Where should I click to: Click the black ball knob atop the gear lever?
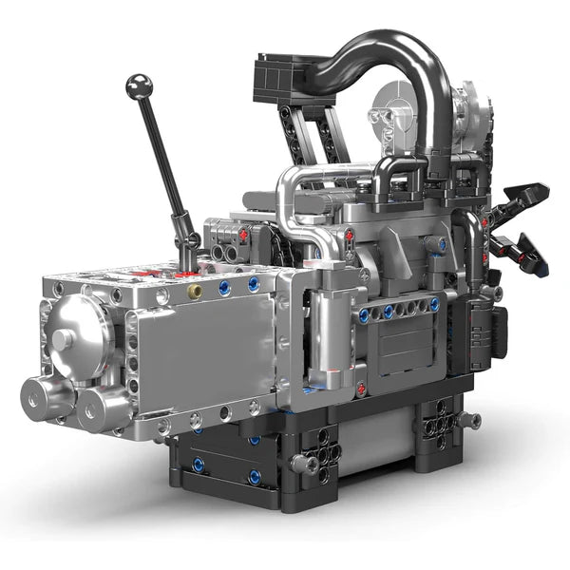pos(139,86)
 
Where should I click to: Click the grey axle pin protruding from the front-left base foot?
pos(303,464)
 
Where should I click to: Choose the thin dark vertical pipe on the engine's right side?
pos(471,252)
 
